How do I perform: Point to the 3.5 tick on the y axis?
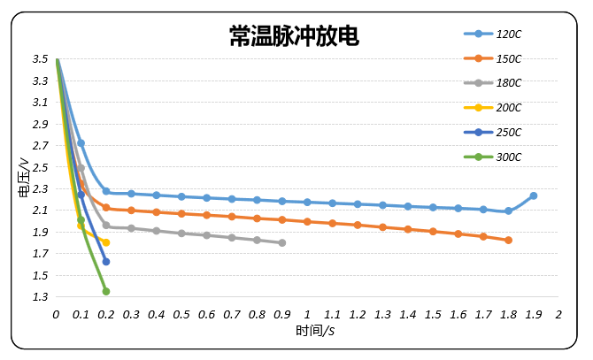(40, 59)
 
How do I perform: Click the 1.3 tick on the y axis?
(40, 297)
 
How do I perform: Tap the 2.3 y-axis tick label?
(40, 189)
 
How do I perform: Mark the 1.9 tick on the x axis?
(534, 314)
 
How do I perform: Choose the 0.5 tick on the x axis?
(181, 314)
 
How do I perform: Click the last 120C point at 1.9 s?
(534, 195)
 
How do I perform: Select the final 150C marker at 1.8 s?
(508, 241)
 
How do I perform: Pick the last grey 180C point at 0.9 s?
(282, 242)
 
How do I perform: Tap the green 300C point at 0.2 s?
(106, 291)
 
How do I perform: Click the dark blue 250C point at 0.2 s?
(106, 262)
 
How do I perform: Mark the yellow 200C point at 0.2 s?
(106, 242)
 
